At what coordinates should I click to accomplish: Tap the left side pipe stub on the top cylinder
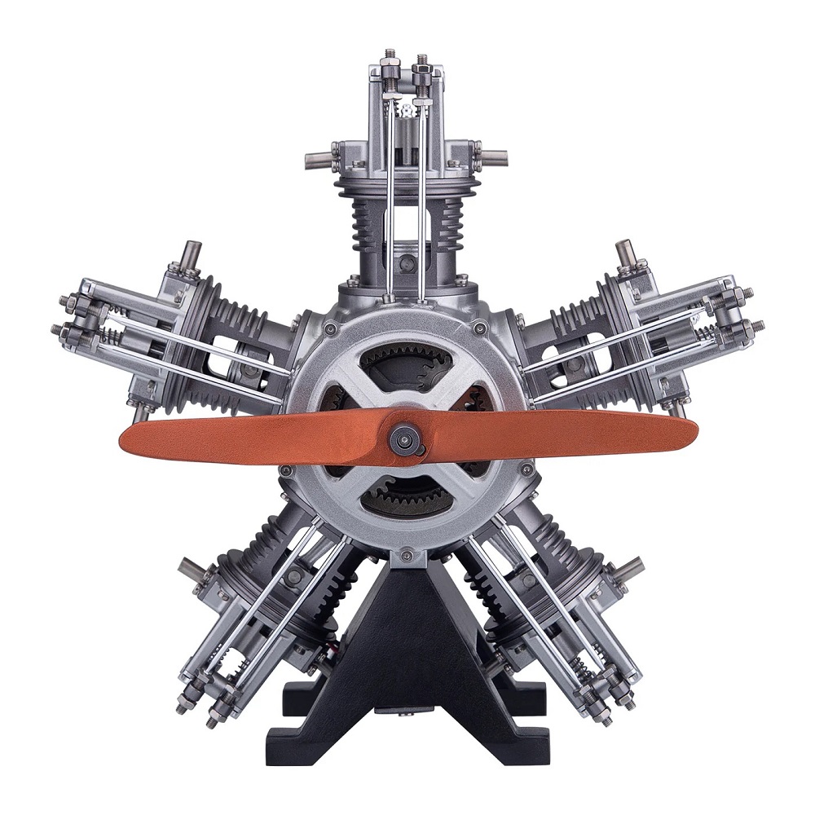pos(318,153)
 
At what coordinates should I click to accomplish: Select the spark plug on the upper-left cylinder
pos(194,254)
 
